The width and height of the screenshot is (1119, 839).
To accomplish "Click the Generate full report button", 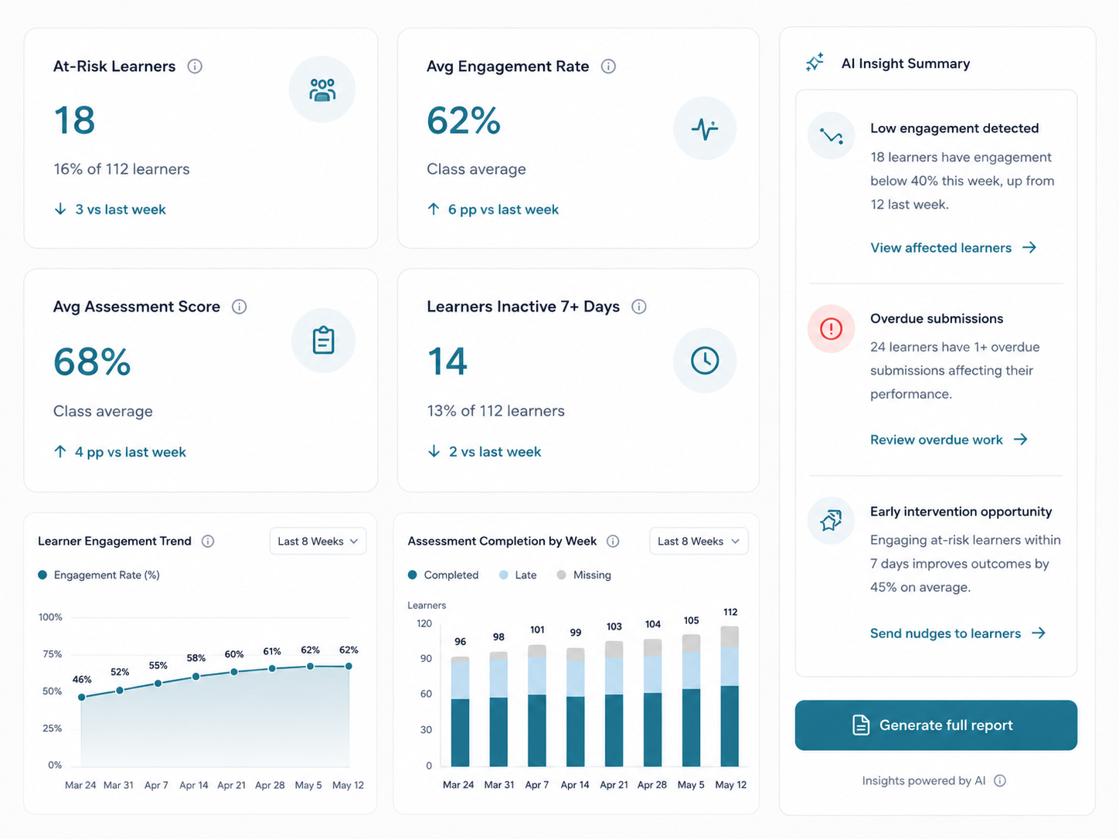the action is pos(936,725).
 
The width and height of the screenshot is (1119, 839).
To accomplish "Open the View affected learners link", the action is pos(954,247).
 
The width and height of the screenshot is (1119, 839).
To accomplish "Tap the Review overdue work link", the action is pos(949,440).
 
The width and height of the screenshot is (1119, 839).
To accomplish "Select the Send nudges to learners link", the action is pos(958,633).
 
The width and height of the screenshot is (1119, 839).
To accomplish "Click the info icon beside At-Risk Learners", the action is pos(195,66).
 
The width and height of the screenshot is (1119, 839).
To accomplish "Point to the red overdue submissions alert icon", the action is pos(831,328).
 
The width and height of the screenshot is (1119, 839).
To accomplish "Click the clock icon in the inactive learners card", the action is pos(705,361).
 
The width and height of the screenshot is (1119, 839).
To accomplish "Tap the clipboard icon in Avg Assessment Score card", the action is pos(323,340).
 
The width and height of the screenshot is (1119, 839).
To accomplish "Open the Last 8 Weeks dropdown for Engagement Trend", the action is pos(318,541).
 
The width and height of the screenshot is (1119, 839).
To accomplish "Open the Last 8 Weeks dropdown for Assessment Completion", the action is pos(699,541).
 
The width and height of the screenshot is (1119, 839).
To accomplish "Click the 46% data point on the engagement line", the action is pos(82,697).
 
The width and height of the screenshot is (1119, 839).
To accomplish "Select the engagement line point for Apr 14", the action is pos(196,677).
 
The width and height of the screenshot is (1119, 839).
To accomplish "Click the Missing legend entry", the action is pos(584,575).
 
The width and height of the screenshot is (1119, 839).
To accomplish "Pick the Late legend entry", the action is pos(518,575).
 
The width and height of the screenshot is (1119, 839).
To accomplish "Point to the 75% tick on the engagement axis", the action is pos(52,654).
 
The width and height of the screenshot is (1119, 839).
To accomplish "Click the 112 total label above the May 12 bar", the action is pos(730,612).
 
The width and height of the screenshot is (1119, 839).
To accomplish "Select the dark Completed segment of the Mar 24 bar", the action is pos(460,732).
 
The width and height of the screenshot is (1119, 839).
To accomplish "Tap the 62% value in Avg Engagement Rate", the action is pos(464,121).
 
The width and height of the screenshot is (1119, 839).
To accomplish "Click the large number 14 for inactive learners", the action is pos(447,362).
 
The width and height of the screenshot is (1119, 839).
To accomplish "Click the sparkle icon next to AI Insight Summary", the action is pos(815,63).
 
